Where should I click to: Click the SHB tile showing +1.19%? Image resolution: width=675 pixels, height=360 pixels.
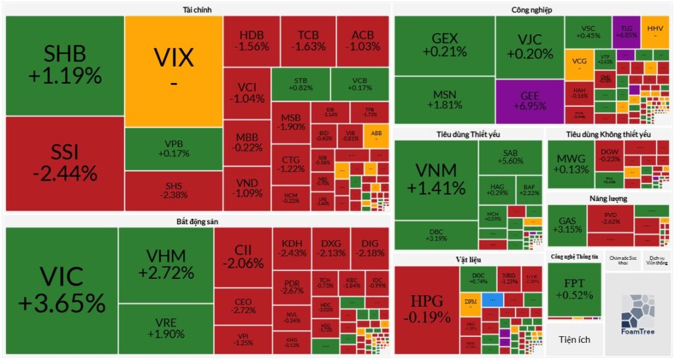[65, 65]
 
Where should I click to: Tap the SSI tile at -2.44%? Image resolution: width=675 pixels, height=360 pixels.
[65, 163]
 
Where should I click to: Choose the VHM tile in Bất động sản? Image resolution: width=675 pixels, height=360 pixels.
[166, 264]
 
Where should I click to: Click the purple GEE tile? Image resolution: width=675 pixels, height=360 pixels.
[529, 102]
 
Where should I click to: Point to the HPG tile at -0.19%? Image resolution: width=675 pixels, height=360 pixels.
[426, 309]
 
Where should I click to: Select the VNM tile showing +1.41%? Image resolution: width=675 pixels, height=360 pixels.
[436, 178]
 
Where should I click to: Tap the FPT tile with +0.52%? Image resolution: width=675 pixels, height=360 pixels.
[574, 289]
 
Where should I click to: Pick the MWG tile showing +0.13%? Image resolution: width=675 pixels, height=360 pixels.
[571, 164]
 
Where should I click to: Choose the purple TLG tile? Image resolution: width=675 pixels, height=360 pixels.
[626, 31]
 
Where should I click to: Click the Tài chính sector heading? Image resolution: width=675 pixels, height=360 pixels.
[197, 9]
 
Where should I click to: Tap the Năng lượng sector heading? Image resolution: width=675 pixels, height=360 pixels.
[608, 198]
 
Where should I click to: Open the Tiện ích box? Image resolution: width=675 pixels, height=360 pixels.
[574, 340]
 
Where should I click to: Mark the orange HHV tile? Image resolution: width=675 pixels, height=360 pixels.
[655, 31]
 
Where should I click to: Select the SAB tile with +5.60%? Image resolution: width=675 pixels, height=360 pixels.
[510, 157]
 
